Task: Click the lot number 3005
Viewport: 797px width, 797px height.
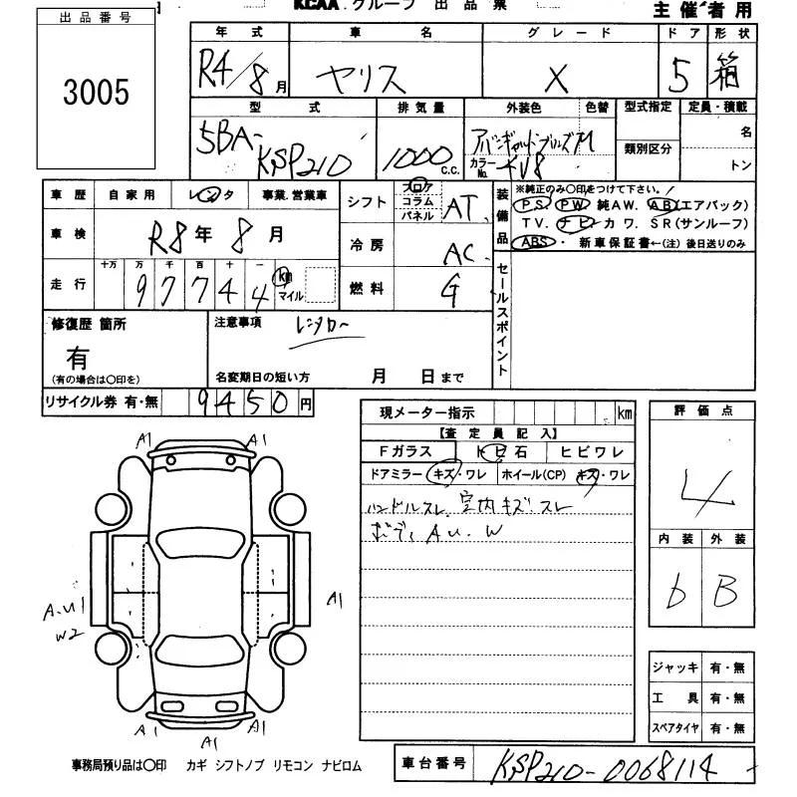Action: pyautogui.click(x=96, y=93)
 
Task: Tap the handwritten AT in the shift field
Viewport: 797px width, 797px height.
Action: pyautogui.click(x=461, y=206)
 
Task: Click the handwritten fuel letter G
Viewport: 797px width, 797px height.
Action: pyautogui.click(x=451, y=292)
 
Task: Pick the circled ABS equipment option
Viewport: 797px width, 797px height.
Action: pyautogui.click(x=535, y=241)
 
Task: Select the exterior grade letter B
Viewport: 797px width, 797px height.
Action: pyautogui.click(x=726, y=594)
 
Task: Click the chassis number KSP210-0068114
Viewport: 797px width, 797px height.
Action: pyautogui.click(x=617, y=767)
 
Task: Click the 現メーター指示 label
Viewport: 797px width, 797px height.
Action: pyautogui.click(x=427, y=412)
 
